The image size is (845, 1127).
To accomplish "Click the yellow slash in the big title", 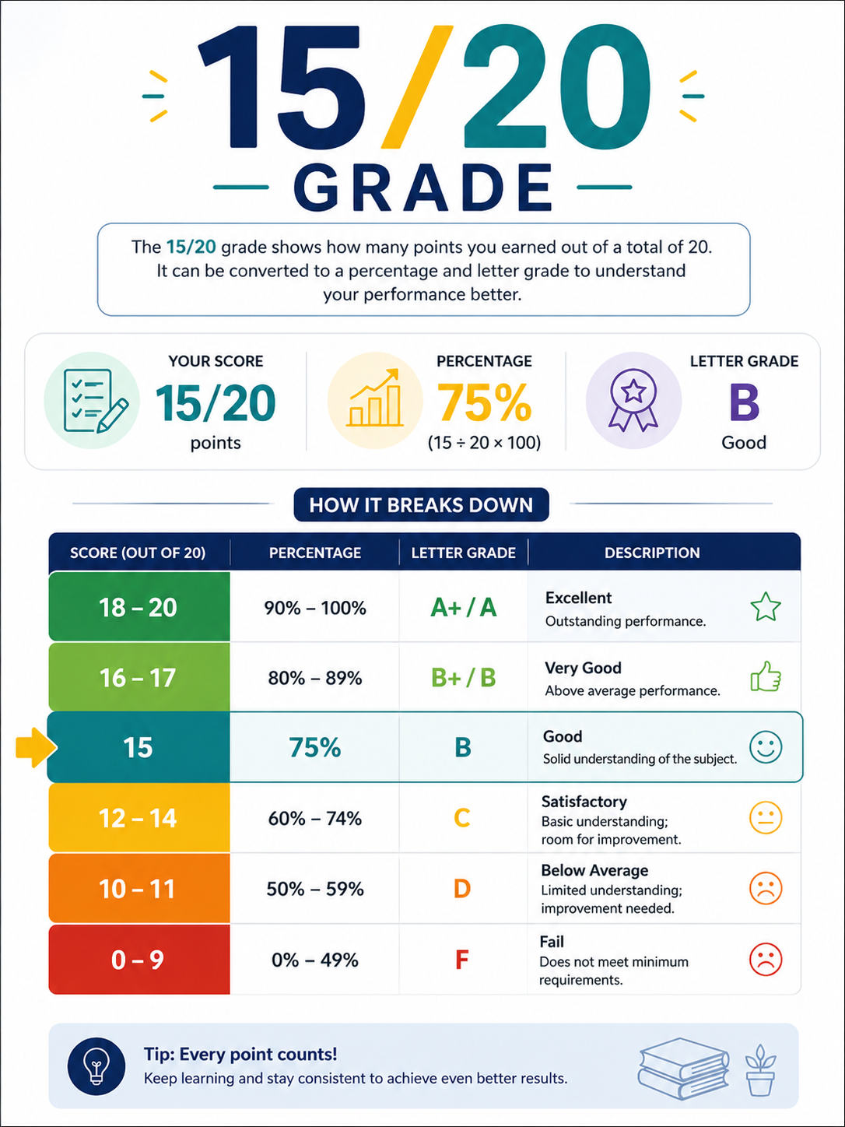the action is (415, 87).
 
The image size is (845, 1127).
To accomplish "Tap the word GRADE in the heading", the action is (422, 188).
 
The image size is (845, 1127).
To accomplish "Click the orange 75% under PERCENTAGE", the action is (484, 402).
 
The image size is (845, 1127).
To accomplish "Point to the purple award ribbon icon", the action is (633, 400).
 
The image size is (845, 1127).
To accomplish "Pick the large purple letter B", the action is (744, 403).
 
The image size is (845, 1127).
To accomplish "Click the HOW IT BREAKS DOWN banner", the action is (421, 504).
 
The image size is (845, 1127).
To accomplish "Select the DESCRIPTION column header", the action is (651, 553).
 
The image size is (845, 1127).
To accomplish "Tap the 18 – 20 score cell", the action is (139, 606).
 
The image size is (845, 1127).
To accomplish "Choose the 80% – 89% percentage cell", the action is (315, 678).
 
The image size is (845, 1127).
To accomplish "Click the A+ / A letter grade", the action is (463, 607).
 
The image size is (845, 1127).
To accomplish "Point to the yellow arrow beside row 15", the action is (36, 747).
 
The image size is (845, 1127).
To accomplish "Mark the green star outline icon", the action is (765, 607).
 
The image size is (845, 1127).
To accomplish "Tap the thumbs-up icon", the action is (766, 676).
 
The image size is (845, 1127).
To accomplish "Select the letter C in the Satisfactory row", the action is (461, 817).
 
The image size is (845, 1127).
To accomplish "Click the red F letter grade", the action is (461, 959).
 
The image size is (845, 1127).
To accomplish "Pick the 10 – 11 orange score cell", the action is (139, 888).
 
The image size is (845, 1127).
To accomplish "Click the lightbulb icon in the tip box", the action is (96, 1066).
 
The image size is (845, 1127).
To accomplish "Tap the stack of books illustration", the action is (684, 1068).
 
